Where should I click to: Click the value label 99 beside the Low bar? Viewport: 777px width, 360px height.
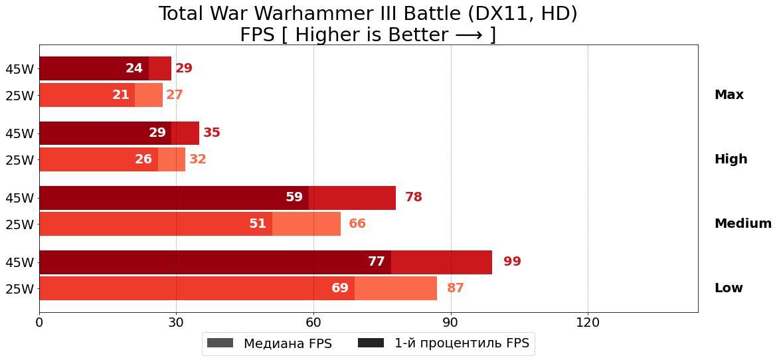pyautogui.click(x=512, y=262)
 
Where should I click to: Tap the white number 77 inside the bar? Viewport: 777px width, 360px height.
pyautogui.click(x=377, y=262)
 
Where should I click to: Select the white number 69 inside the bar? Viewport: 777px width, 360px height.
pyautogui.click(x=340, y=288)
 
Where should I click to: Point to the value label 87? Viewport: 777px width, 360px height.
pyautogui.click(x=456, y=288)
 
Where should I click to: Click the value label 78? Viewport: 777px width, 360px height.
pyautogui.click(x=414, y=197)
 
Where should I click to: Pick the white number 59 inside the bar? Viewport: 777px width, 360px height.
pyautogui.click(x=294, y=197)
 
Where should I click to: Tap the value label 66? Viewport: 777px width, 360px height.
pyautogui.click(x=357, y=224)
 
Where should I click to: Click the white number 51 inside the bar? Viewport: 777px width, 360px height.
pyautogui.click(x=258, y=224)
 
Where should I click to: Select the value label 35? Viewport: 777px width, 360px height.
pyautogui.click(x=212, y=133)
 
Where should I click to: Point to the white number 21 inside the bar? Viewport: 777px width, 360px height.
pyautogui.click(x=121, y=95)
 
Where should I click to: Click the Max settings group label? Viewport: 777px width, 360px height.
pyautogui.click(x=729, y=95)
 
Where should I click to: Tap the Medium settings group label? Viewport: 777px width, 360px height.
pyautogui.click(x=742, y=224)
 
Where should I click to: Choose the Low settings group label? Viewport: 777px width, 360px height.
pyautogui.click(x=729, y=288)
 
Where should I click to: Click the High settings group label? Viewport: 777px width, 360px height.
pyautogui.click(x=731, y=159)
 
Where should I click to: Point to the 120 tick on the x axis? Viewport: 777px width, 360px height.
pyautogui.click(x=588, y=323)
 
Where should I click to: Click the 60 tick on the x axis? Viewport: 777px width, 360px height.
pyautogui.click(x=313, y=323)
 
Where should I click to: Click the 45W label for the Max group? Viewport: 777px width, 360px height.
pyautogui.click(x=19, y=69)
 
